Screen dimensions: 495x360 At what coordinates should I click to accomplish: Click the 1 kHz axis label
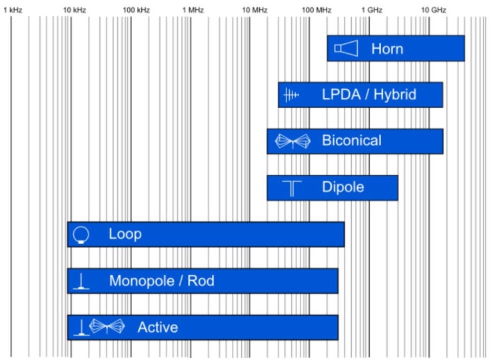tap(13, 10)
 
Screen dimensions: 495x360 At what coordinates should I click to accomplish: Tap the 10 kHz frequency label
tap(75, 10)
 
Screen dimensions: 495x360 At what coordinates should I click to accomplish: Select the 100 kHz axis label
tap(136, 10)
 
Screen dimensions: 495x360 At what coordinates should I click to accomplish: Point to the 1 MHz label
tap(193, 10)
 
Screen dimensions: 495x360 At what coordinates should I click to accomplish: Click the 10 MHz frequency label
tap(254, 10)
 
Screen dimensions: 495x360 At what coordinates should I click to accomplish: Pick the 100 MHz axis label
tap(316, 10)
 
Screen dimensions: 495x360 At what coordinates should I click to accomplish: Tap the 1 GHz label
tap(372, 10)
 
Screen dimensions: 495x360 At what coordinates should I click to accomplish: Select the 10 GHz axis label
tap(434, 10)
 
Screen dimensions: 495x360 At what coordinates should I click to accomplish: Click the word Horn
tap(387, 49)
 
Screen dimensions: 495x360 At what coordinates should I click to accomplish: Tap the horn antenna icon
tap(346, 48)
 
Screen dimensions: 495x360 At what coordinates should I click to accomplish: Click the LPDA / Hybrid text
tap(369, 95)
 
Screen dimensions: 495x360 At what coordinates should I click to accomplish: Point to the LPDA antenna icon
tap(290, 95)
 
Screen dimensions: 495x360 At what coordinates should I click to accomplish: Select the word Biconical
tap(352, 141)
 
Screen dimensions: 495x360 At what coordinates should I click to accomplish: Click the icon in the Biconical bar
tap(292, 141)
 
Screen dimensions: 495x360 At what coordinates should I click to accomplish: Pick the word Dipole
tap(343, 187)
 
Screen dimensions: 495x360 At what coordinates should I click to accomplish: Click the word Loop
tap(125, 234)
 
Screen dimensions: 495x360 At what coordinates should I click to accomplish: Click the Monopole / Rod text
tap(162, 281)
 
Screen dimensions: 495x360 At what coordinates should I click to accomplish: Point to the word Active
tap(158, 327)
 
